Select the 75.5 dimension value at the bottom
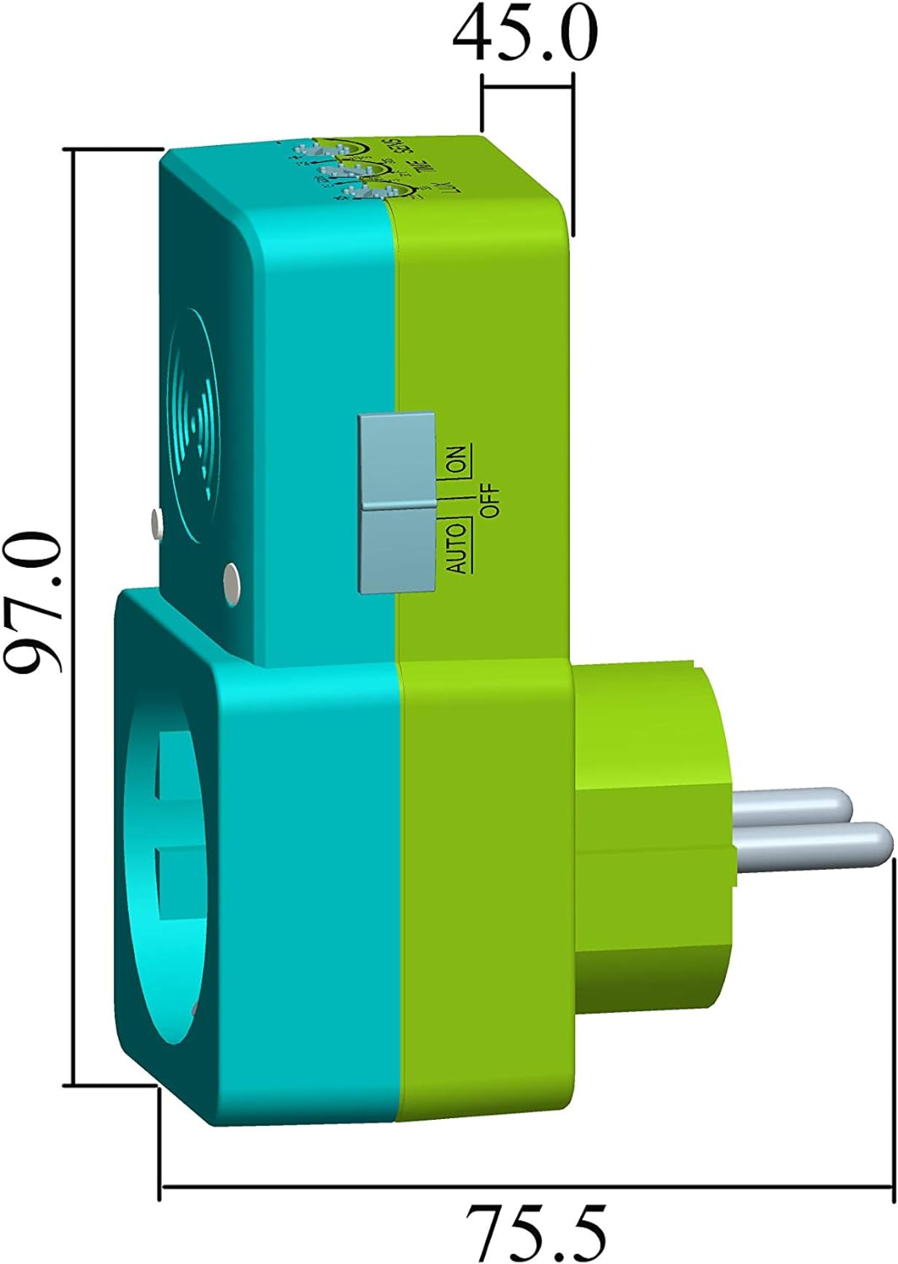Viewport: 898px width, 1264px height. (x=537, y=1231)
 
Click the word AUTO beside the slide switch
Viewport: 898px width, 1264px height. (x=456, y=548)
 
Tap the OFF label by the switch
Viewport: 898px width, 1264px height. (x=490, y=500)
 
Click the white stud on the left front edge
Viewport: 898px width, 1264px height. (x=155, y=523)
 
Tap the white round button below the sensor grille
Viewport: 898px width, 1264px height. (x=230, y=580)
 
